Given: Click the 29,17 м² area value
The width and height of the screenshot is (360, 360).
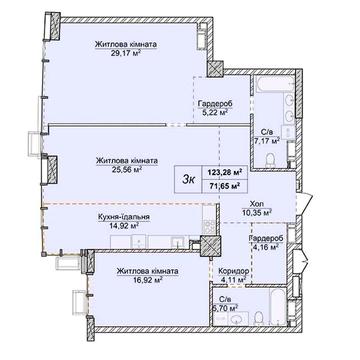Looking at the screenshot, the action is point(126,52).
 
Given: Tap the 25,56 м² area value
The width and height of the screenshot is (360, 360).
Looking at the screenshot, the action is point(127,169).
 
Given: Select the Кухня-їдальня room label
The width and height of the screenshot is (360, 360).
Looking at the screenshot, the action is point(124,217).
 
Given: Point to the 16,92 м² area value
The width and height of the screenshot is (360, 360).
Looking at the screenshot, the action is point(147,280).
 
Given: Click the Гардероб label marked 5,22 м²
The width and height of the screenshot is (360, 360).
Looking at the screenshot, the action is point(214,104).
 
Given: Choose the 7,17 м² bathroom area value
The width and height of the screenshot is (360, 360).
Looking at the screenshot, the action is point(267,141).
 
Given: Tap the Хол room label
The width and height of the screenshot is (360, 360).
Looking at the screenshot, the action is point(257,203).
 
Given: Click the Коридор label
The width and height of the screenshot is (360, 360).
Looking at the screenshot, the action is point(234,271).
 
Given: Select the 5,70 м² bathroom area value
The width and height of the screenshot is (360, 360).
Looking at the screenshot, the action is point(228,306).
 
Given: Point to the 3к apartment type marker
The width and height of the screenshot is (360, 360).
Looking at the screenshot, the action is point(188,180).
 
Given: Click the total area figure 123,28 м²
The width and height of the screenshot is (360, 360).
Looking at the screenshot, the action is point(225,172).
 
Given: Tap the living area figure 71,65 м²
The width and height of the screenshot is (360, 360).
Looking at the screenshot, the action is point(225,186).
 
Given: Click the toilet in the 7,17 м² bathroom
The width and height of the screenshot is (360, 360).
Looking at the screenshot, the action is point(271,160).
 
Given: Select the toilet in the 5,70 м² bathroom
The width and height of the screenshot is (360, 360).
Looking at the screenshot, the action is point(258,318).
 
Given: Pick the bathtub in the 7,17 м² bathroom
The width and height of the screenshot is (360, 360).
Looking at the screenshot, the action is point(274,84).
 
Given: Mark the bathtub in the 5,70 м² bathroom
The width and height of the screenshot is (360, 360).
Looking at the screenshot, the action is point(278,307).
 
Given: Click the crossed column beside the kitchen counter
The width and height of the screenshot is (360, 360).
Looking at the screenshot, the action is point(210,246).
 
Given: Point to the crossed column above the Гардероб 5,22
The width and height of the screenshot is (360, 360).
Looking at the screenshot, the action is point(215,68).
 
